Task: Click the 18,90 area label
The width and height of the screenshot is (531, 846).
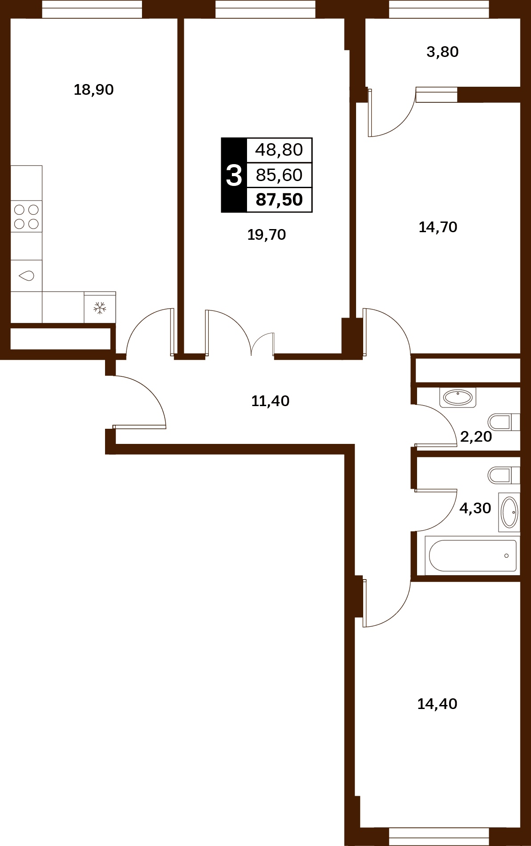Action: [x=93, y=90]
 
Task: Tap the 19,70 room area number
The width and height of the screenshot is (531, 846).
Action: [x=266, y=235]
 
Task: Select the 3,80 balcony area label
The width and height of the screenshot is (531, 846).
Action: [x=442, y=52]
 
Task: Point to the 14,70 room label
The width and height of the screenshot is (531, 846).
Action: [x=438, y=227]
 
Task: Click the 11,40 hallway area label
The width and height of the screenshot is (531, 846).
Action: [x=270, y=401]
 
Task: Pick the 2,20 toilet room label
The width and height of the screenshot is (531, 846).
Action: [x=476, y=437]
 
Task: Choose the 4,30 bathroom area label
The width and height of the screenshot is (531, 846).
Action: [x=475, y=508]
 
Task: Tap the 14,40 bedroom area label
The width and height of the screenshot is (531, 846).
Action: [x=437, y=704]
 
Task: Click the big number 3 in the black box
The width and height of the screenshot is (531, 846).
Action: [x=234, y=175]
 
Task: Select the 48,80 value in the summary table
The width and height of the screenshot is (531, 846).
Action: [x=279, y=150]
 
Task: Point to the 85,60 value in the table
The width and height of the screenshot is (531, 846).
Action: [x=279, y=175]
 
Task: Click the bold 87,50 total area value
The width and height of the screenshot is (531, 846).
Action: [x=279, y=200]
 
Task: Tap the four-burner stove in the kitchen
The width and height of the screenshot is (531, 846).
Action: [x=26, y=216]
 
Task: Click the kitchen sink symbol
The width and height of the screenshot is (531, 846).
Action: [x=26, y=276]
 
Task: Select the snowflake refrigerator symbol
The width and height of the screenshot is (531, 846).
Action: [x=100, y=307]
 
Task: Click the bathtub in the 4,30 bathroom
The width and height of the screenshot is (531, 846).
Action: [x=473, y=556]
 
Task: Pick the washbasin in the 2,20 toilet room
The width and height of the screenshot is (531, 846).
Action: [x=458, y=397]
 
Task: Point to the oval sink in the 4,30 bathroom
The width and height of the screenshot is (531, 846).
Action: [x=509, y=512]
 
